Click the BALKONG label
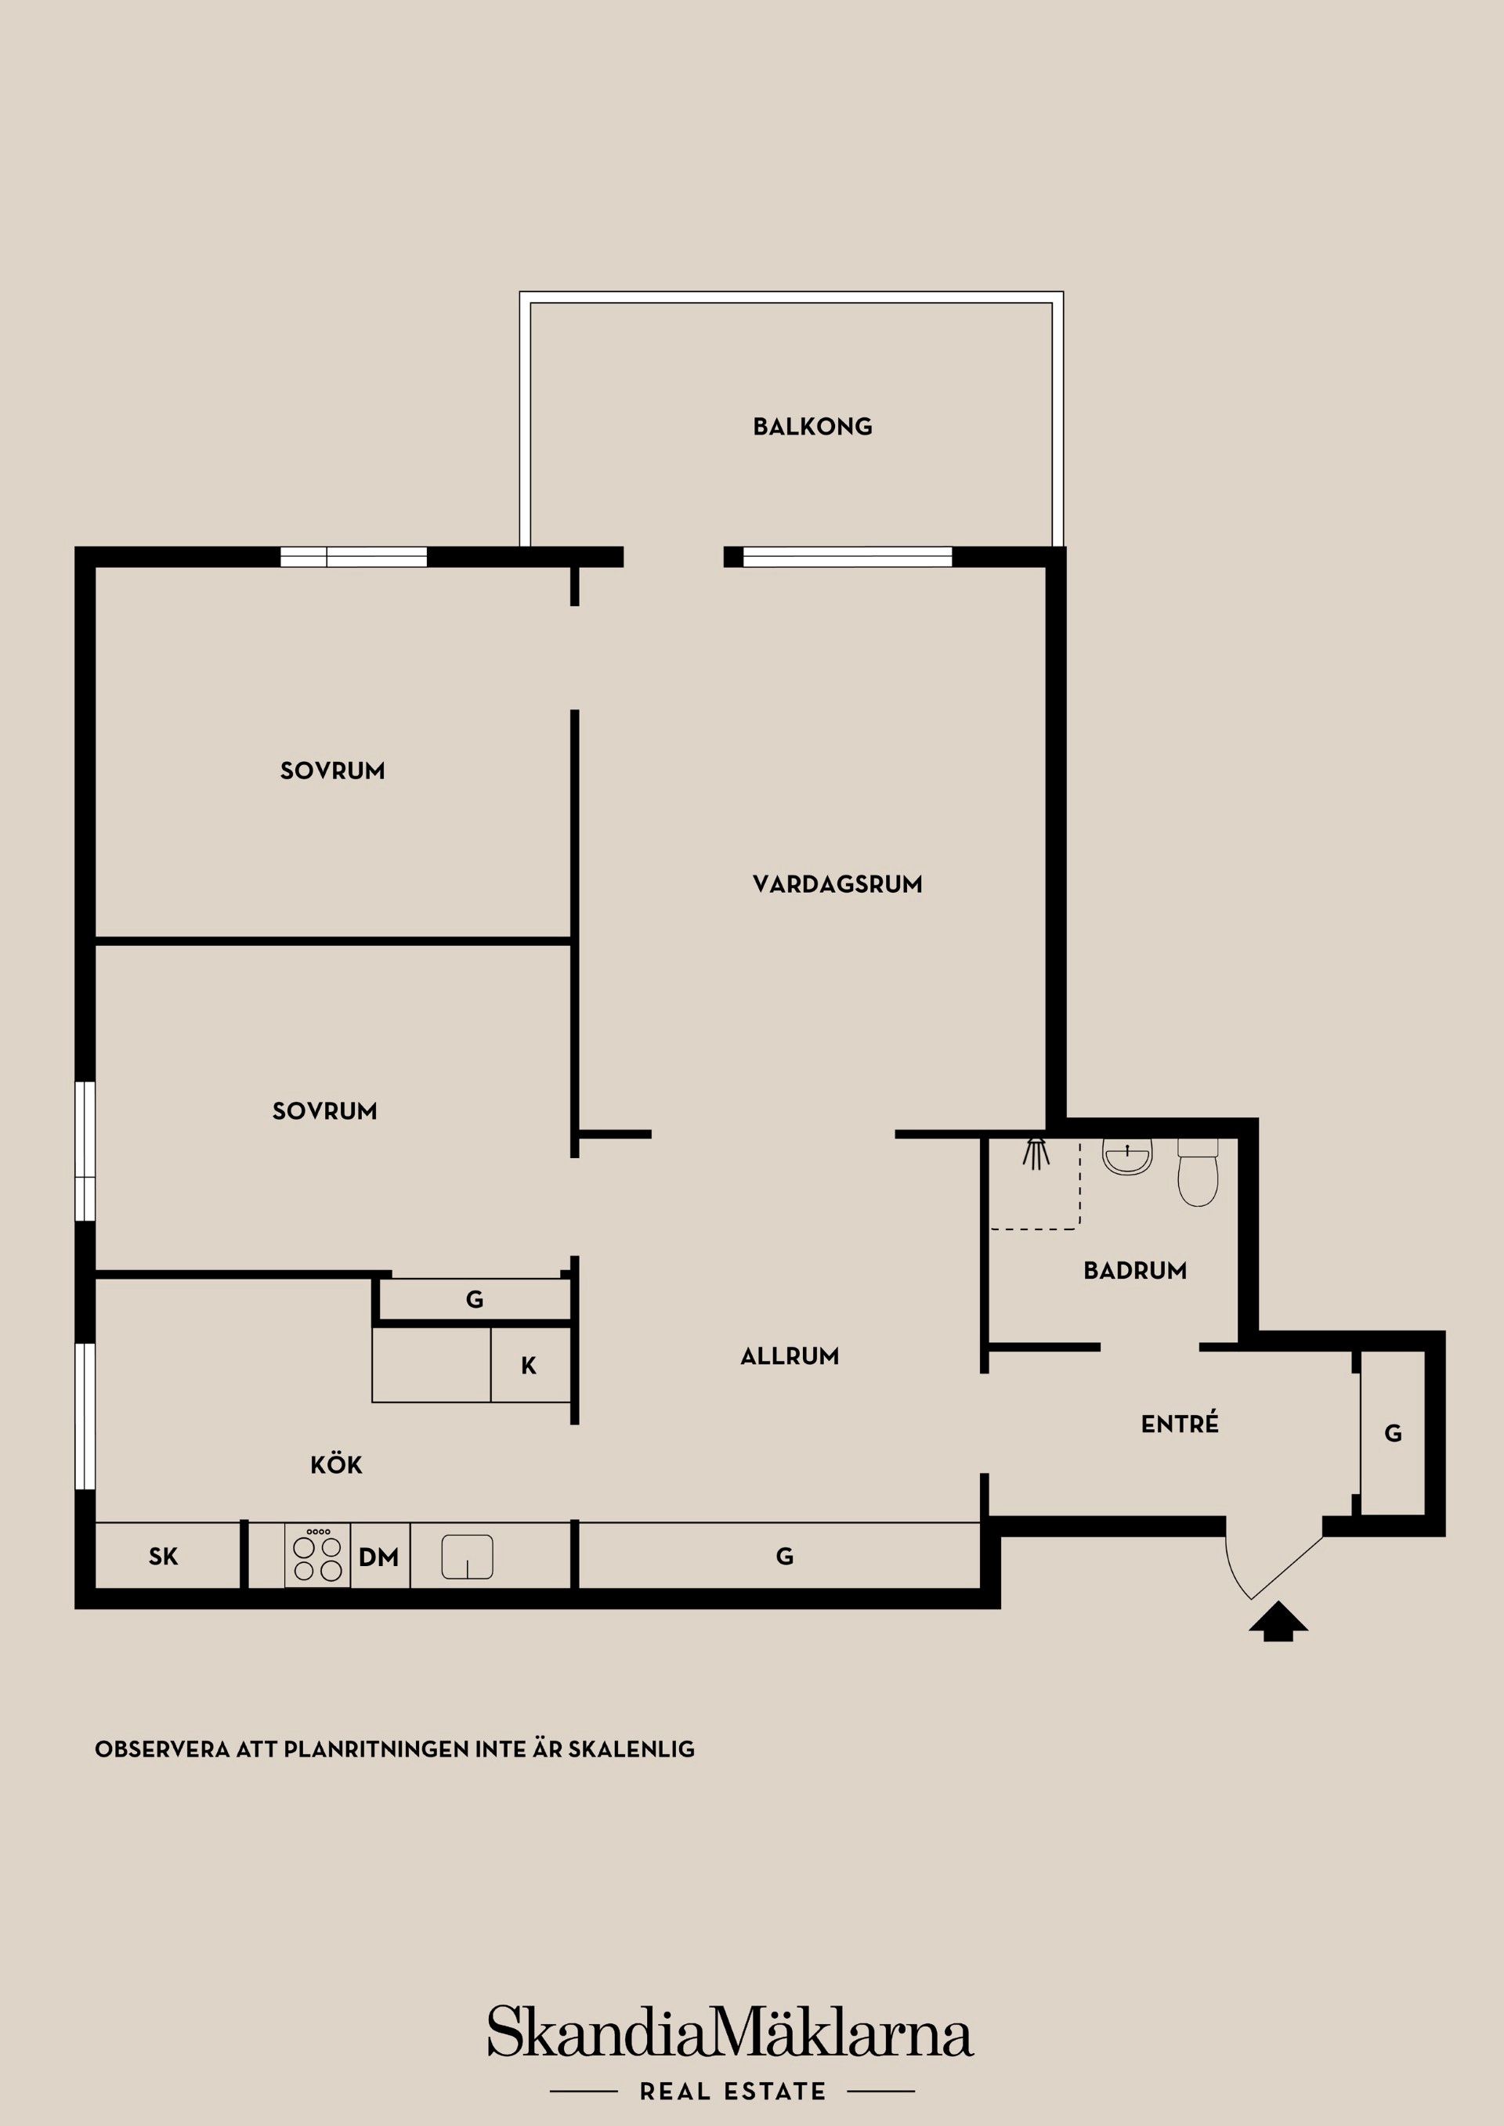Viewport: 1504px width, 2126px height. click(x=812, y=427)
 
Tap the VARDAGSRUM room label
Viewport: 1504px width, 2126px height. click(x=837, y=884)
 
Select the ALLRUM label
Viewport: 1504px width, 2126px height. click(x=789, y=1355)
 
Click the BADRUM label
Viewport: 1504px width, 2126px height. click(x=1134, y=1270)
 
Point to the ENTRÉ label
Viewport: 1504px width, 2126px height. click(x=1179, y=1424)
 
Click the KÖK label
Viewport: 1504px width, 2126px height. click(x=336, y=1465)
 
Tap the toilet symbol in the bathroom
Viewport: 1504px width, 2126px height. click(x=1198, y=1173)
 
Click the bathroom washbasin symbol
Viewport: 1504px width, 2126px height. click(x=1127, y=1157)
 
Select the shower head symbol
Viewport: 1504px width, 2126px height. click(x=1036, y=1152)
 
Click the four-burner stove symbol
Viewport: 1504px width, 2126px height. click(x=318, y=1556)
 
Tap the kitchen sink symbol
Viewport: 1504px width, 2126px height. click(x=467, y=1557)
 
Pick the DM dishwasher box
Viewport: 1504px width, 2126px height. click(x=379, y=1558)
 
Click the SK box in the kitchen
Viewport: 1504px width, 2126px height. click(x=163, y=1557)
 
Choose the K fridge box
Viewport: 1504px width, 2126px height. click(x=529, y=1366)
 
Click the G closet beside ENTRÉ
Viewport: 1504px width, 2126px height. click(x=1392, y=1433)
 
